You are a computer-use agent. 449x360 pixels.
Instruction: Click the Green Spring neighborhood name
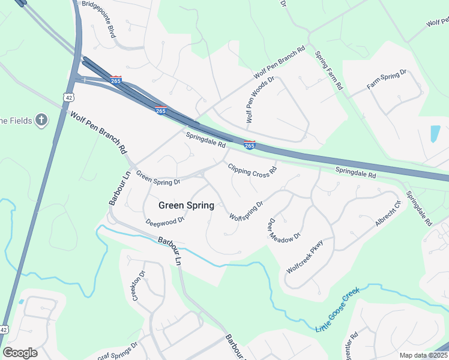pyautogui.click(x=186, y=205)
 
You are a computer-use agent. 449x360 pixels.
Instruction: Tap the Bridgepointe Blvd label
pyautogui.click(x=98, y=20)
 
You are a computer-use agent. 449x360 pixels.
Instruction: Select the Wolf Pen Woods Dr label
pyautogui.click(x=259, y=100)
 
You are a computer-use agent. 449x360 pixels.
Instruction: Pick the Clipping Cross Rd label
pyautogui.click(x=252, y=170)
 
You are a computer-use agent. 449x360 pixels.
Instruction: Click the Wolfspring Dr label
pyautogui.click(x=246, y=210)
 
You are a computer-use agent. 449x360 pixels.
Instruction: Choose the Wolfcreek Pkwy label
pyautogui.click(x=305, y=257)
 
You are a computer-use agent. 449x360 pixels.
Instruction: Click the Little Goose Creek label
pyautogui.click(x=337, y=310)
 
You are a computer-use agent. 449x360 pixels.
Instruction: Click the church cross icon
pyautogui.click(x=41, y=120)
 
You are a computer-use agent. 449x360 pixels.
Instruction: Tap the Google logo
pyautogui.click(x=20, y=353)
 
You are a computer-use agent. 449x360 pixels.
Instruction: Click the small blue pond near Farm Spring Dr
pyautogui.click(x=435, y=134)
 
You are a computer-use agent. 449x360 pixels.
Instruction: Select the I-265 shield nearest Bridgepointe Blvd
pyautogui.click(x=116, y=79)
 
